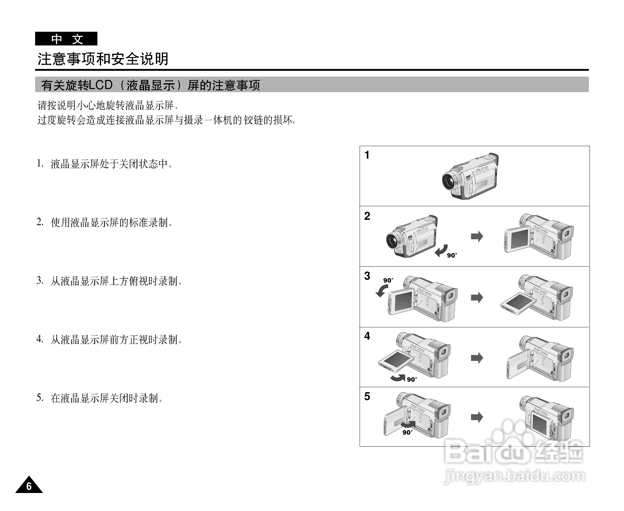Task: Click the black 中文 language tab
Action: pos(66,39)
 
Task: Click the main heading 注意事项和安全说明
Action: pos(103,59)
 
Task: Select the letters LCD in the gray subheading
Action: pos(100,85)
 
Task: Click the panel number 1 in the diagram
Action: pos(367,155)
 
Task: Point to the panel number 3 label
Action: pos(367,276)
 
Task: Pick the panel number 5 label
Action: pos(367,396)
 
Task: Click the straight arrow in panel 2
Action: pos(477,236)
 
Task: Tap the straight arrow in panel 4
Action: pos(477,358)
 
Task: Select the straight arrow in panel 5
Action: pos(477,417)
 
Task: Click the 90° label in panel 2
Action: pos(452,255)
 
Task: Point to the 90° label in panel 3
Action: pos(388,280)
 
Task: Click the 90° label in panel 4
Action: pos(412,380)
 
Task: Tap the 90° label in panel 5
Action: pos(407,433)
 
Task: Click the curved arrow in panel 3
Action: pos(382,291)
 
